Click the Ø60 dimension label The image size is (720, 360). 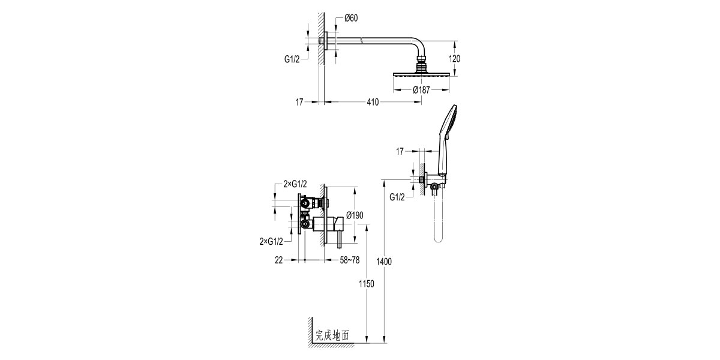351,18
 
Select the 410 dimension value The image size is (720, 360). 373,103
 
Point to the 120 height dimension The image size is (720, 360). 455,59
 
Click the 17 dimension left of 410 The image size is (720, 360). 300,103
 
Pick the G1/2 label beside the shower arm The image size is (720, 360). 292,59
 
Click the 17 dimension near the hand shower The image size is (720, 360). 400,152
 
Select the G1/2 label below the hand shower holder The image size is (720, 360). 397,197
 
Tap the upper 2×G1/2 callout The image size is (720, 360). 295,184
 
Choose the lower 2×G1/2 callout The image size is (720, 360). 271,241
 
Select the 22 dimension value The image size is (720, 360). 278,260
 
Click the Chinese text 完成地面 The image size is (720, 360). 332,337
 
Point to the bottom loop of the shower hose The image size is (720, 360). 438,239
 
